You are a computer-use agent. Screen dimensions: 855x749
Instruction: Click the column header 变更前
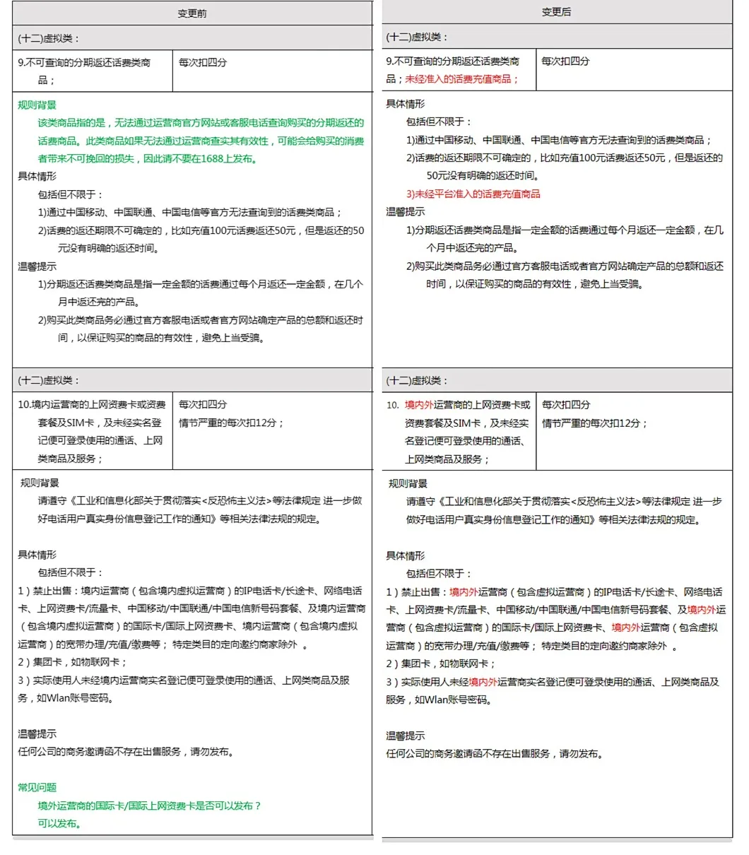192,13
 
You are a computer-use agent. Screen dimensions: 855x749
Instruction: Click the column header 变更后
556,12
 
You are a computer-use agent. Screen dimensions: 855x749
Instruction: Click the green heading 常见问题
37,787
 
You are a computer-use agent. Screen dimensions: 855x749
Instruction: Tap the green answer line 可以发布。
60,823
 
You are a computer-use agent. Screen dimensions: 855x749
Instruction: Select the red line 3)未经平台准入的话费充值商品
473,194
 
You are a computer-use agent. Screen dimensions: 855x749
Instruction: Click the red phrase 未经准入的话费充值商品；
462,79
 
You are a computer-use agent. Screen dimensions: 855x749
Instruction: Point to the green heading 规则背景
37,105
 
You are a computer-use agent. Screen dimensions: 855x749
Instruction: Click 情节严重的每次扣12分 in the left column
231,423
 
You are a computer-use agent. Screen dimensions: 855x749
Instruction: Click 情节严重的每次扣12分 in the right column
594,423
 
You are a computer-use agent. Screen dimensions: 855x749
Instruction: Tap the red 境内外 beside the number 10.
419,405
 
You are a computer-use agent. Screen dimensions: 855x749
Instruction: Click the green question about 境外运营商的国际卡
149,806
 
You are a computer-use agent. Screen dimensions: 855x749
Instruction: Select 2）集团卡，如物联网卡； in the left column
72,662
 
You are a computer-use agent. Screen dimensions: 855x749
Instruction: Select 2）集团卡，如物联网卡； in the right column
440,664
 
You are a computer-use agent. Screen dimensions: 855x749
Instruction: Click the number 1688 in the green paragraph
212,158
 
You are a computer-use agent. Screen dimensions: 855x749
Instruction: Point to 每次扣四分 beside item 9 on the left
203,62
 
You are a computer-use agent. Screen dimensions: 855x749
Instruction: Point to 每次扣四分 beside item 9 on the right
565,61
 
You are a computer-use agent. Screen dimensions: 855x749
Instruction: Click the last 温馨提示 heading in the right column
406,736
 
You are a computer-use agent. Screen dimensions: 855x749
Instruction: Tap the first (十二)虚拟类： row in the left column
49,38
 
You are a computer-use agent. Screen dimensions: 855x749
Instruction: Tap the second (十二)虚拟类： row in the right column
417,381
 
